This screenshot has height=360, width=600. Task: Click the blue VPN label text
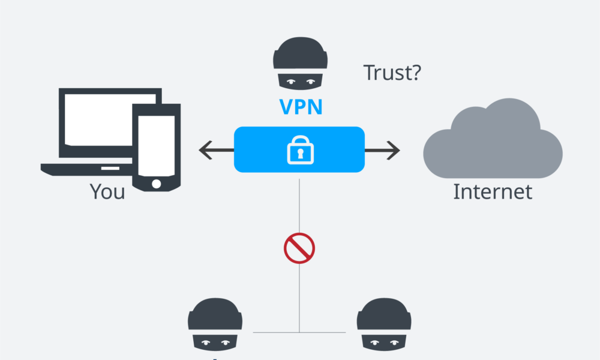301,107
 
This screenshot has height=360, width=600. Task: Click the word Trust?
392,73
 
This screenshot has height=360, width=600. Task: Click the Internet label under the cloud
492,191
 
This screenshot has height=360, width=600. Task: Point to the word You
107,191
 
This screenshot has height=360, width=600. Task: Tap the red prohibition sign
299,248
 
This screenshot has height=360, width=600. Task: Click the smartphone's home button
156,182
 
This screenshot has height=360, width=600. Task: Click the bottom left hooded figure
215,324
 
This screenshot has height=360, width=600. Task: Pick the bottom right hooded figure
384,324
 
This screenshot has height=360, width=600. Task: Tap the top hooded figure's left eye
292,80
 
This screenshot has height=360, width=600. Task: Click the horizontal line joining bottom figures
276,332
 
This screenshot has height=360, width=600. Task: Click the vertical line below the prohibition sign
299,294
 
